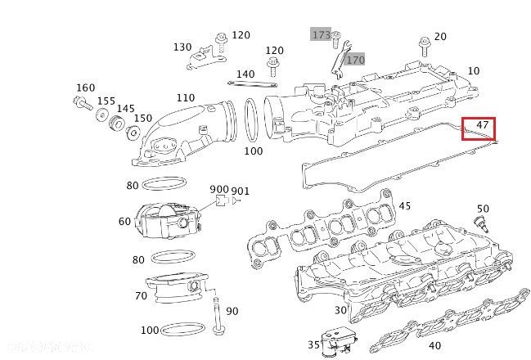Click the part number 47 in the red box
pos(483,127)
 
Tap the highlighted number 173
pos(321,35)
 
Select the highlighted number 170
pos(354,60)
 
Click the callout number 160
pos(85,88)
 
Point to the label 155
pos(106,101)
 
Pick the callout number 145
pos(125,109)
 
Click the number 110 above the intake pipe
pos(185,98)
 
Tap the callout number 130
pos(182,47)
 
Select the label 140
pos(245,74)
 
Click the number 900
pos(219,190)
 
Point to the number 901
pos(240,191)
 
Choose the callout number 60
pos(124,222)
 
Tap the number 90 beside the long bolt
pos(232,311)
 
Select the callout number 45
pos(404,205)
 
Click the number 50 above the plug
pos(483,209)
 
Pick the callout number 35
pos(313,344)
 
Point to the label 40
pos(434,346)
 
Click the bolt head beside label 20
pos(423,42)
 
